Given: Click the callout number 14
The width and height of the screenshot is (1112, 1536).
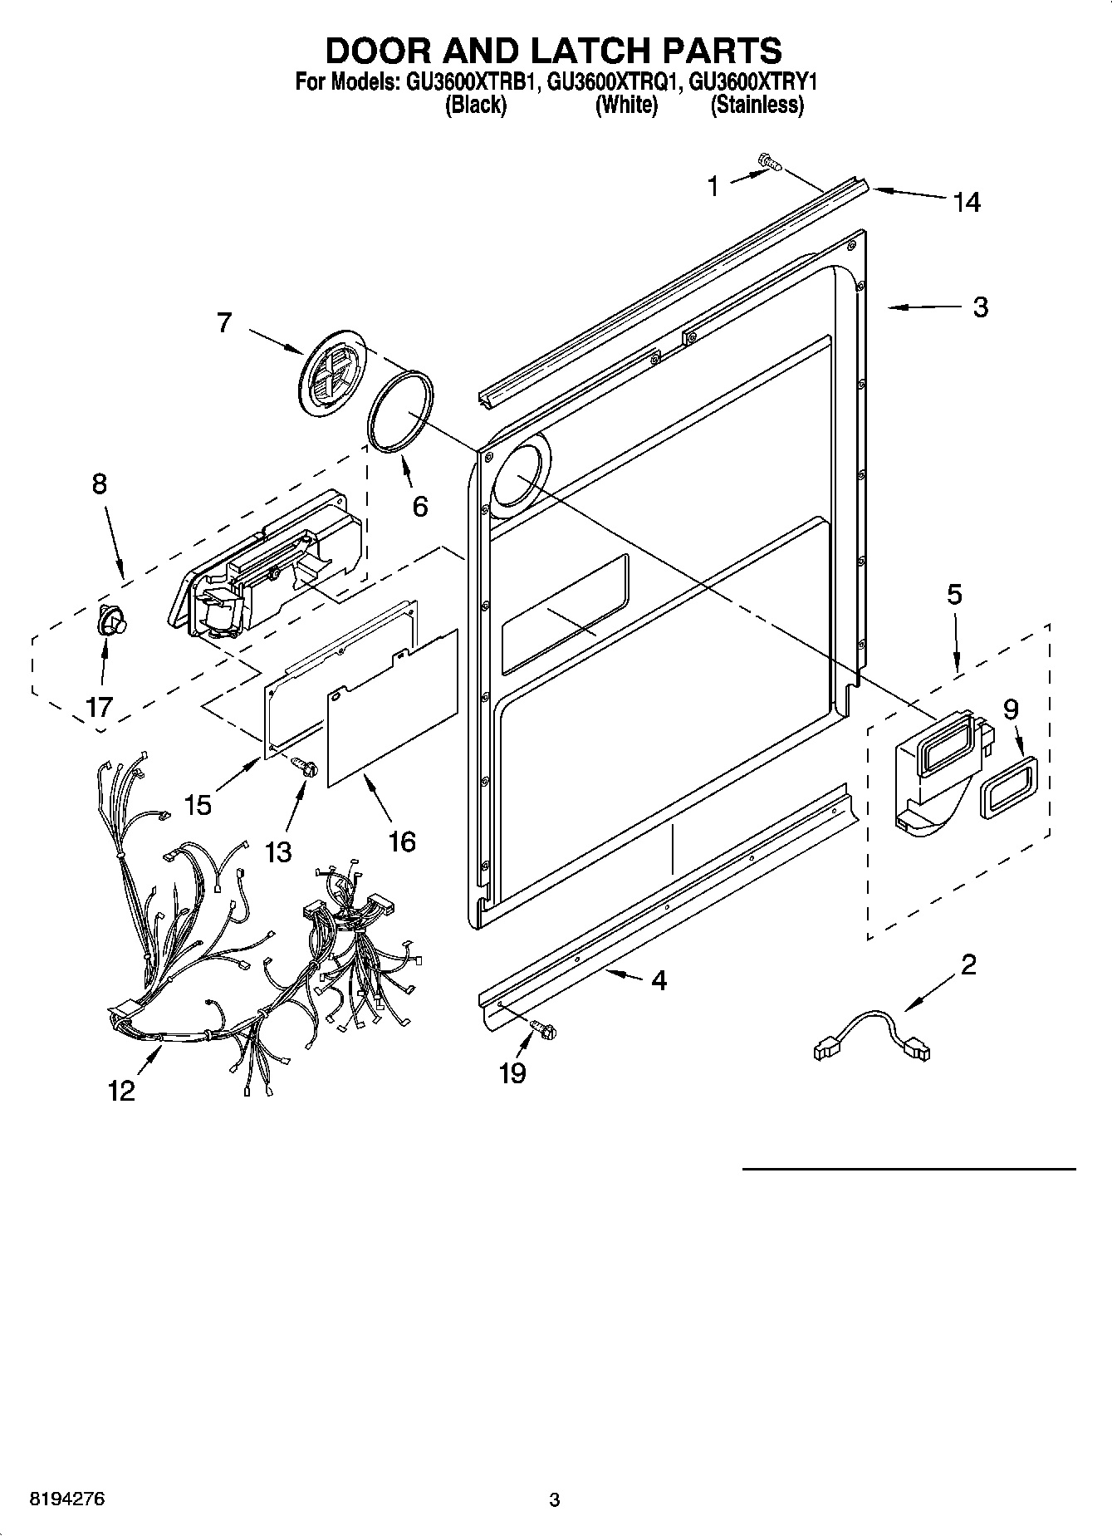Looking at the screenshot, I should pos(967,202).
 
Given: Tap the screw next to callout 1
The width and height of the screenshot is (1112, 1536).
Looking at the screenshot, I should pos(770,164).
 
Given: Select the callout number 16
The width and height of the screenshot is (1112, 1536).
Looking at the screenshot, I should pos(401,842).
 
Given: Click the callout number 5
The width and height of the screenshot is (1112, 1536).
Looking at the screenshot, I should pos(954,594).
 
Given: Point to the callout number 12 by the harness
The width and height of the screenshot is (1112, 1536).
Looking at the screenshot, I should pos(121,1091).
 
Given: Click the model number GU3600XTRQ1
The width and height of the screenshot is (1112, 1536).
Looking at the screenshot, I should pos(615,83).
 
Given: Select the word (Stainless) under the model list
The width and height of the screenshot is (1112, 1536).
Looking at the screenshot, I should pos(757,106).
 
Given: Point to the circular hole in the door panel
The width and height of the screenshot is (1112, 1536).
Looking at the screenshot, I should pos(517,476).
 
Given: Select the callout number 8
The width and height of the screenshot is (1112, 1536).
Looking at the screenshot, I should pos(99,483).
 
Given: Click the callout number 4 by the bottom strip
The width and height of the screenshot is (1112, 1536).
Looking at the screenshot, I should pos(659,980).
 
